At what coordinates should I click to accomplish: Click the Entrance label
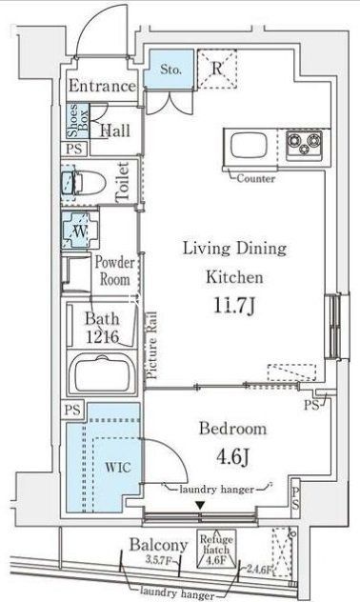coord(101,86)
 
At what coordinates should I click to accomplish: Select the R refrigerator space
coord(218,68)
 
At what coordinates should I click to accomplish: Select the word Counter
coord(256,178)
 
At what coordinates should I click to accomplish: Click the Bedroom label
coord(233,428)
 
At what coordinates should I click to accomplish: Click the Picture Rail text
coord(150,350)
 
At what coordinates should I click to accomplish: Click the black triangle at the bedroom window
coord(199,504)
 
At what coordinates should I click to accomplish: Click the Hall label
coord(115,130)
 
